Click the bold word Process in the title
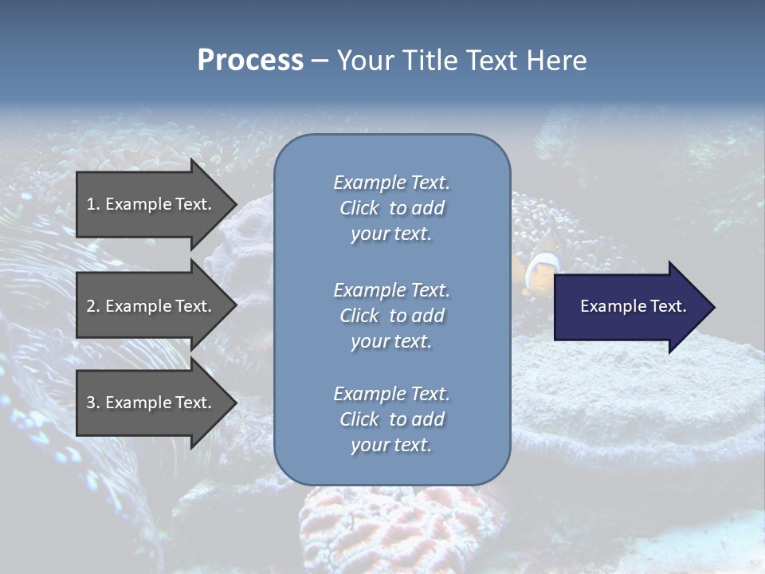[x=250, y=61]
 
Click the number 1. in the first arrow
[x=93, y=204]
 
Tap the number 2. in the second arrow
[x=93, y=306]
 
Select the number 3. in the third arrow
[x=93, y=403]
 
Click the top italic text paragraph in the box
[x=391, y=208]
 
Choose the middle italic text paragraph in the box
[x=391, y=316]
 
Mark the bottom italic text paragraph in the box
[x=391, y=419]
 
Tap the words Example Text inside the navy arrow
[x=634, y=306]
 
